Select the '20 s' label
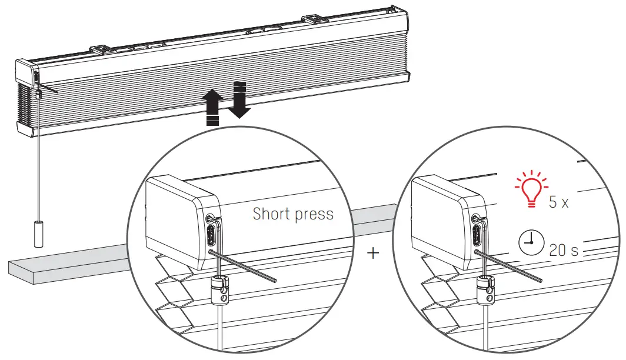[564, 250]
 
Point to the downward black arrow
[238, 99]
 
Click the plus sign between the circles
[373, 253]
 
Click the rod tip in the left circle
[274, 280]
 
